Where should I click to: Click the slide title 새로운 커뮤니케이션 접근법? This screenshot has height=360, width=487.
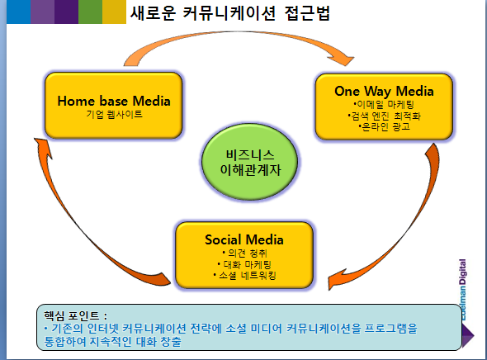[x=229, y=13]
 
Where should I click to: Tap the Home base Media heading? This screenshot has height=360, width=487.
[x=114, y=101]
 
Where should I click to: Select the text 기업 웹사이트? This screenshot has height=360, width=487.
[x=114, y=114]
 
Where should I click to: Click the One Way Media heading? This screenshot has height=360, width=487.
[x=384, y=91]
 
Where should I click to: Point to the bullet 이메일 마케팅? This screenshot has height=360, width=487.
[x=384, y=104]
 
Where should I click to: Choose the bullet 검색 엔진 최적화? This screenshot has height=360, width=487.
[x=384, y=116]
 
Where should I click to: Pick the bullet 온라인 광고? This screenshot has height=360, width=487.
[x=384, y=126]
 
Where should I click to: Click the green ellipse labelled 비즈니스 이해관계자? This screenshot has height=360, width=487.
[x=250, y=162]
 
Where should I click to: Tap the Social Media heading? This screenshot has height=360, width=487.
[x=244, y=239]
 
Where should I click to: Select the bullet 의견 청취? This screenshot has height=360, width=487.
[x=244, y=253]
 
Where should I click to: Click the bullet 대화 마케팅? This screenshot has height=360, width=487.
[x=244, y=264]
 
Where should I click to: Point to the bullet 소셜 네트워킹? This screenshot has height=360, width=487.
[x=244, y=275]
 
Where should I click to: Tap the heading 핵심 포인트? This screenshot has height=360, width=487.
[x=75, y=316]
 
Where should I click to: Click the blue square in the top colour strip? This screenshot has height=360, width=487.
[x=18, y=12]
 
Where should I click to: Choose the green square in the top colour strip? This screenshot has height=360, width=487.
[x=90, y=12]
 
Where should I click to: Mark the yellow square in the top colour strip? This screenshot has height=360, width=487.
[x=114, y=12]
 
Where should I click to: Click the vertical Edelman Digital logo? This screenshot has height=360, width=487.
[x=462, y=290]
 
